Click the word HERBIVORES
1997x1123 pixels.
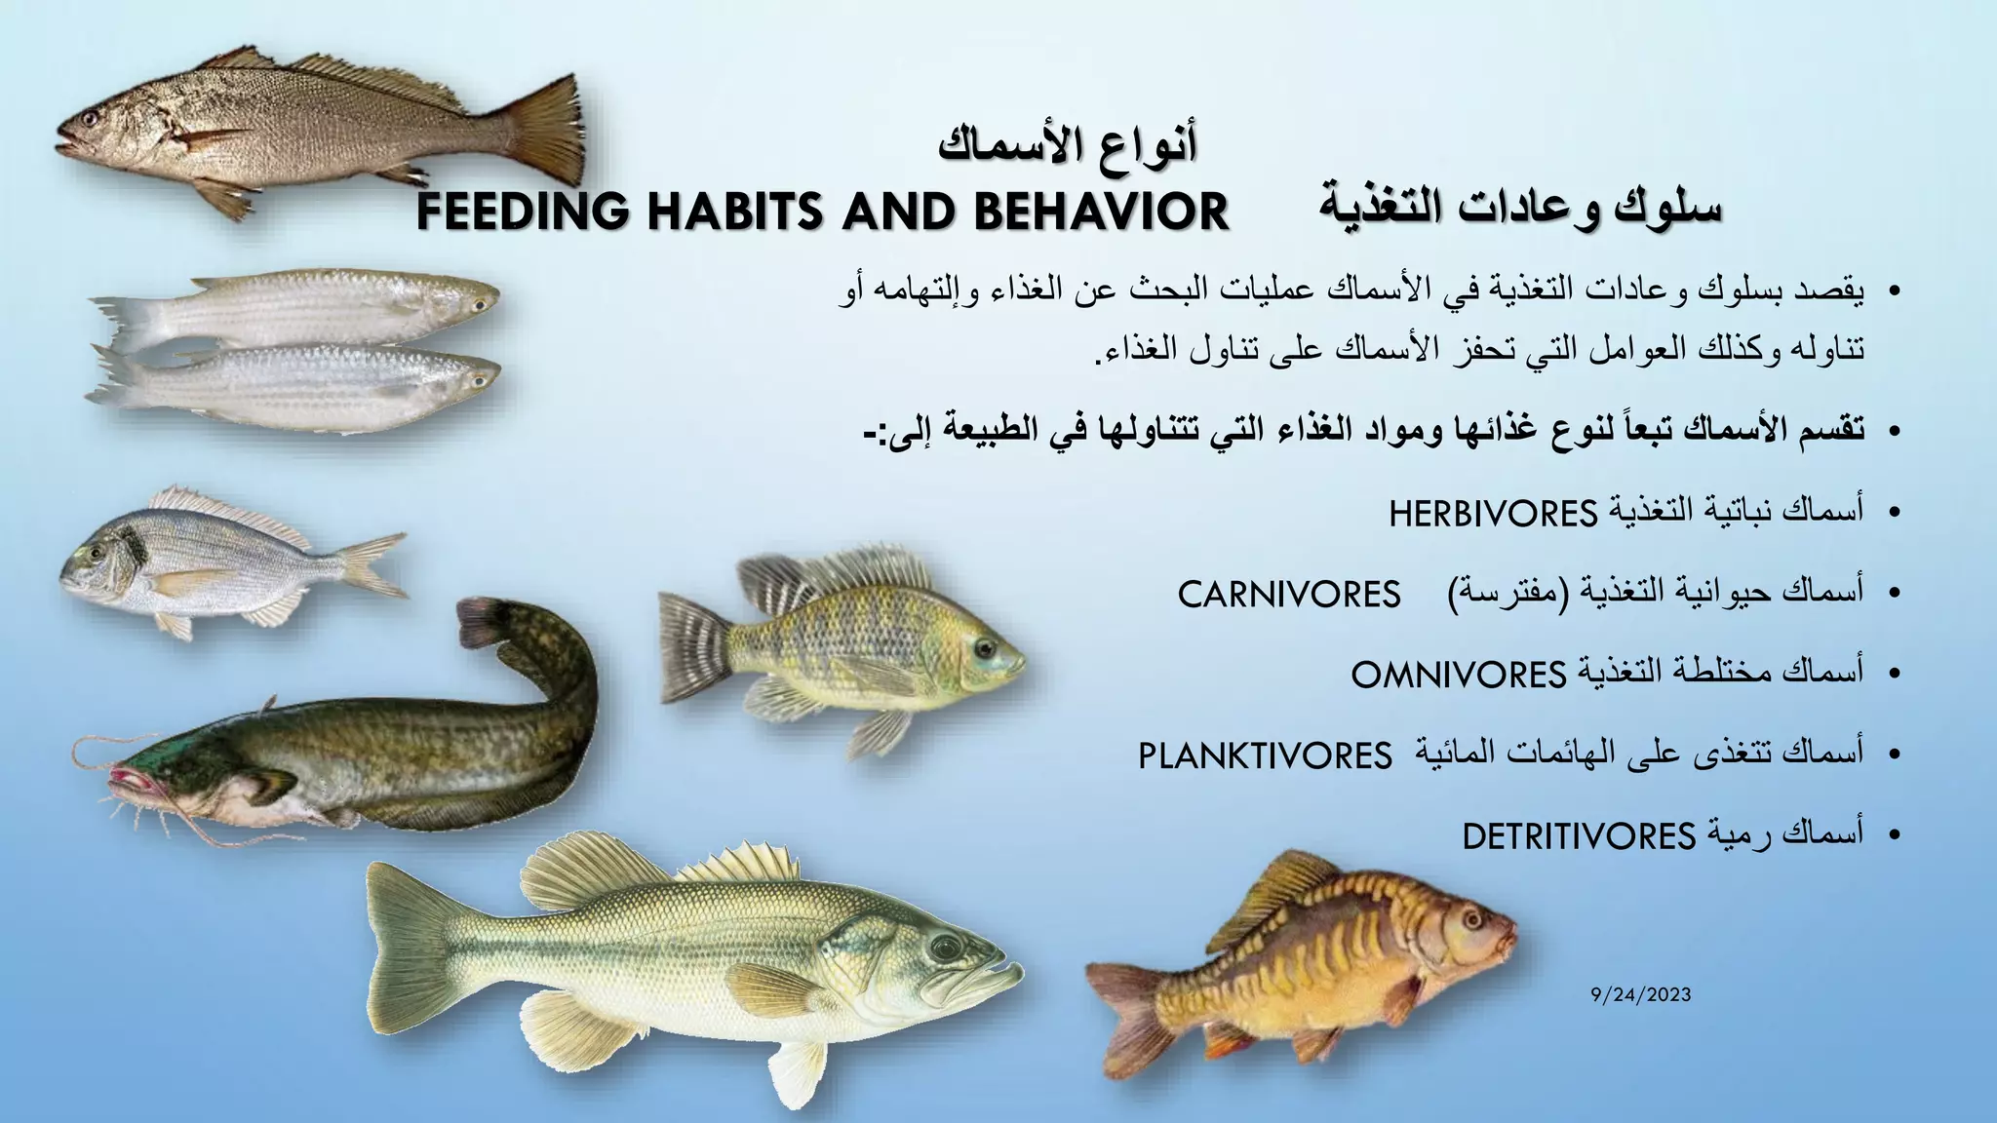(1493, 513)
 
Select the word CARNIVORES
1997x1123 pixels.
(1289, 594)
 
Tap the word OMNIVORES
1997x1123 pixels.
(1458, 675)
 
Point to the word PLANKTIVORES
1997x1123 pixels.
(1265, 755)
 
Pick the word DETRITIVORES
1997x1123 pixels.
(1579, 836)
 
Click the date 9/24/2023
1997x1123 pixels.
(1640, 995)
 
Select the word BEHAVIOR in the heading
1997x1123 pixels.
(1101, 212)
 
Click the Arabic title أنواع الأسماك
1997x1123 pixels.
(1068, 144)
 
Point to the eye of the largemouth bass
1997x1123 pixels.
(944, 947)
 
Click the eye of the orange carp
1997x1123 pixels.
(1471, 919)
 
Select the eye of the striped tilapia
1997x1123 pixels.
(984, 647)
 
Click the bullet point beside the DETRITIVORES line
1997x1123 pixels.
(1894, 835)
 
